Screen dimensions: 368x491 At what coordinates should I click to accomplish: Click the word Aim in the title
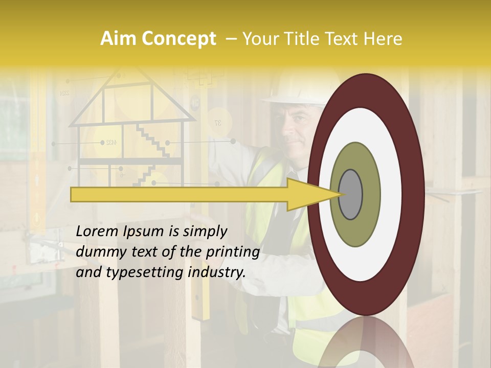[x=119, y=39]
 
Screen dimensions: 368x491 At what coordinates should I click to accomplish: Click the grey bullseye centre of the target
[x=350, y=194]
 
